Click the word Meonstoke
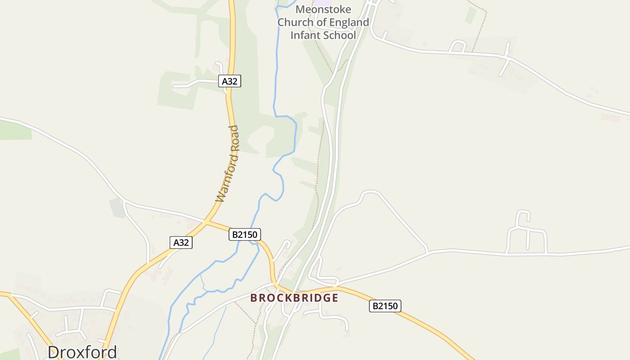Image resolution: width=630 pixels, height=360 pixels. [x=323, y=9]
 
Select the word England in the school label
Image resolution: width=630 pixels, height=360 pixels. [x=349, y=22]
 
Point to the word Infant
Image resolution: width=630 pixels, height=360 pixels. [x=304, y=35]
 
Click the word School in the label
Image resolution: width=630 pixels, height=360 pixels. [x=340, y=35]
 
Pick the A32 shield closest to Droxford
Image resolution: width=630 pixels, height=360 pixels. [x=181, y=243]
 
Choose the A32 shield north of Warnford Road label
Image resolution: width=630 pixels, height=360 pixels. [x=229, y=81]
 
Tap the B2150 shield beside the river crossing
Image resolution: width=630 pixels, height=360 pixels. [x=245, y=234]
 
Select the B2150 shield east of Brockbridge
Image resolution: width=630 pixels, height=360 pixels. [x=385, y=306]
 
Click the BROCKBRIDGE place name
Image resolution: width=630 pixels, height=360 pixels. [x=294, y=298]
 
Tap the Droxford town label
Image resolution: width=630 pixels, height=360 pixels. [x=82, y=352]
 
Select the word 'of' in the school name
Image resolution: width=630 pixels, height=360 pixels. [x=321, y=22]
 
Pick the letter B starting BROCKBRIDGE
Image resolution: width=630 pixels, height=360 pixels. [x=254, y=298]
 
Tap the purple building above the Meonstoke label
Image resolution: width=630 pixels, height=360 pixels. [x=322, y=2]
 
